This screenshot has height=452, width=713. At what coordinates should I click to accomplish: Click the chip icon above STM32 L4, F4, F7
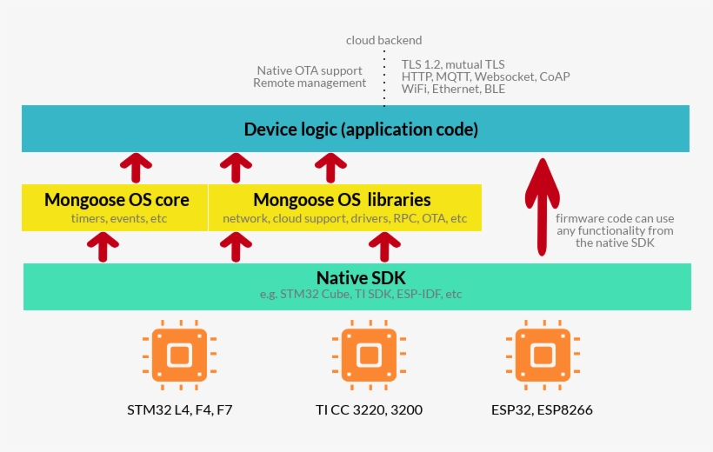[x=179, y=356]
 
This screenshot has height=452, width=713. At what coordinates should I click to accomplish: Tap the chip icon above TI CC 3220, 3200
[x=369, y=356]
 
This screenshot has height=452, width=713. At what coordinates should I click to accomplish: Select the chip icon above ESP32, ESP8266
[x=543, y=356]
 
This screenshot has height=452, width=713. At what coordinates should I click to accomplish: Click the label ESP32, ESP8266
[x=542, y=409]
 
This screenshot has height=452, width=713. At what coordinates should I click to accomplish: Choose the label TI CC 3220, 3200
[x=369, y=409]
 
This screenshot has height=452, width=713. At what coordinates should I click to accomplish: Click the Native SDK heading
[x=361, y=278]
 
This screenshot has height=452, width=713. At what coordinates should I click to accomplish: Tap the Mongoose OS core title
[x=117, y=200]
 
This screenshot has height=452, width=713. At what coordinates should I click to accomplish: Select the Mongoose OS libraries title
[x=342, y=200]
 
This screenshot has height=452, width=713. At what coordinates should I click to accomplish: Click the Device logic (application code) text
[x=361, y=130]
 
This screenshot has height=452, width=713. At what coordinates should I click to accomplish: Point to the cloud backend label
[x=383, y=40]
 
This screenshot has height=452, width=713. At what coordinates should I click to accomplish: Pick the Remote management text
[x=310, y=83]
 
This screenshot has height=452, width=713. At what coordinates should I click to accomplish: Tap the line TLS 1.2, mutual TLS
[x=453, y=64]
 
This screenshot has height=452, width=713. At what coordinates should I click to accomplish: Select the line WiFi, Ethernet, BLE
[x=453, y=89]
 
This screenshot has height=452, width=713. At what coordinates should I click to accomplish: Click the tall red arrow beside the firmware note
[x=542, y=207]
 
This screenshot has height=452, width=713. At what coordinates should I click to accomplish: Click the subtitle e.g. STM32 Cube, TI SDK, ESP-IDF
[x=361, y=295]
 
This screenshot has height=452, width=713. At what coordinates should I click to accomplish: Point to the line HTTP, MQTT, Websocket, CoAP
[x=485, y=76]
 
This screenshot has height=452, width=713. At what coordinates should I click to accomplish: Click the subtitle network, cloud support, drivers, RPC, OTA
[x=344, y=219]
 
